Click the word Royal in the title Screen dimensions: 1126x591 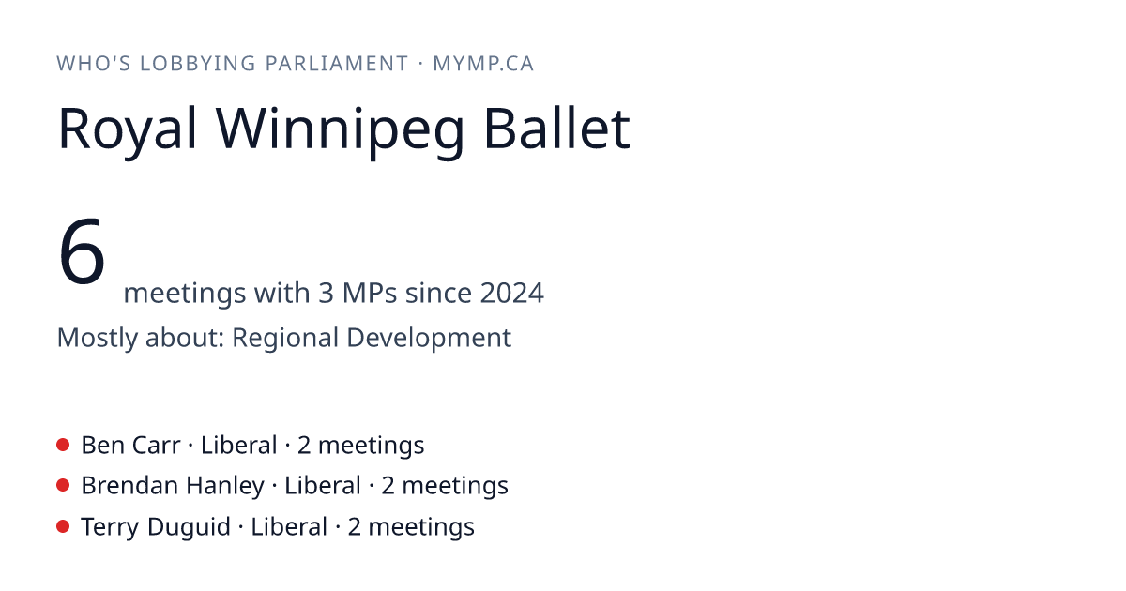point(128,130)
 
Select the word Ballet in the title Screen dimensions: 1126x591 point(557,128)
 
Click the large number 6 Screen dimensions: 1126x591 point(82,250)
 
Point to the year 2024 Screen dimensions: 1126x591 point(511,293)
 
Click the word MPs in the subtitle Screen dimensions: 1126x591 point(370,293)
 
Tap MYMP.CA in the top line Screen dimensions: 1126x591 point(483,64)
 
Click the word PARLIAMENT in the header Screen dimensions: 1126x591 point(337,64)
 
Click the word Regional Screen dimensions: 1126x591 point(285,338)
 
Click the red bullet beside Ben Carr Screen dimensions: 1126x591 point(63,445)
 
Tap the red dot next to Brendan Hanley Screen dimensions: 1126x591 point(63,486)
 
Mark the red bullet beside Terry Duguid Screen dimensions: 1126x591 point(63,526)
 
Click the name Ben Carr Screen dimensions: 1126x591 point(130,446)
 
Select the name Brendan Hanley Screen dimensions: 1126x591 point(173,487)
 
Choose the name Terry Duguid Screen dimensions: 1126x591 point(156,527)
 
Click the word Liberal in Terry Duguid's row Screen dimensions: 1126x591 point(289,527)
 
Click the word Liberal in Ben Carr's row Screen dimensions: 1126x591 point(238,446)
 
